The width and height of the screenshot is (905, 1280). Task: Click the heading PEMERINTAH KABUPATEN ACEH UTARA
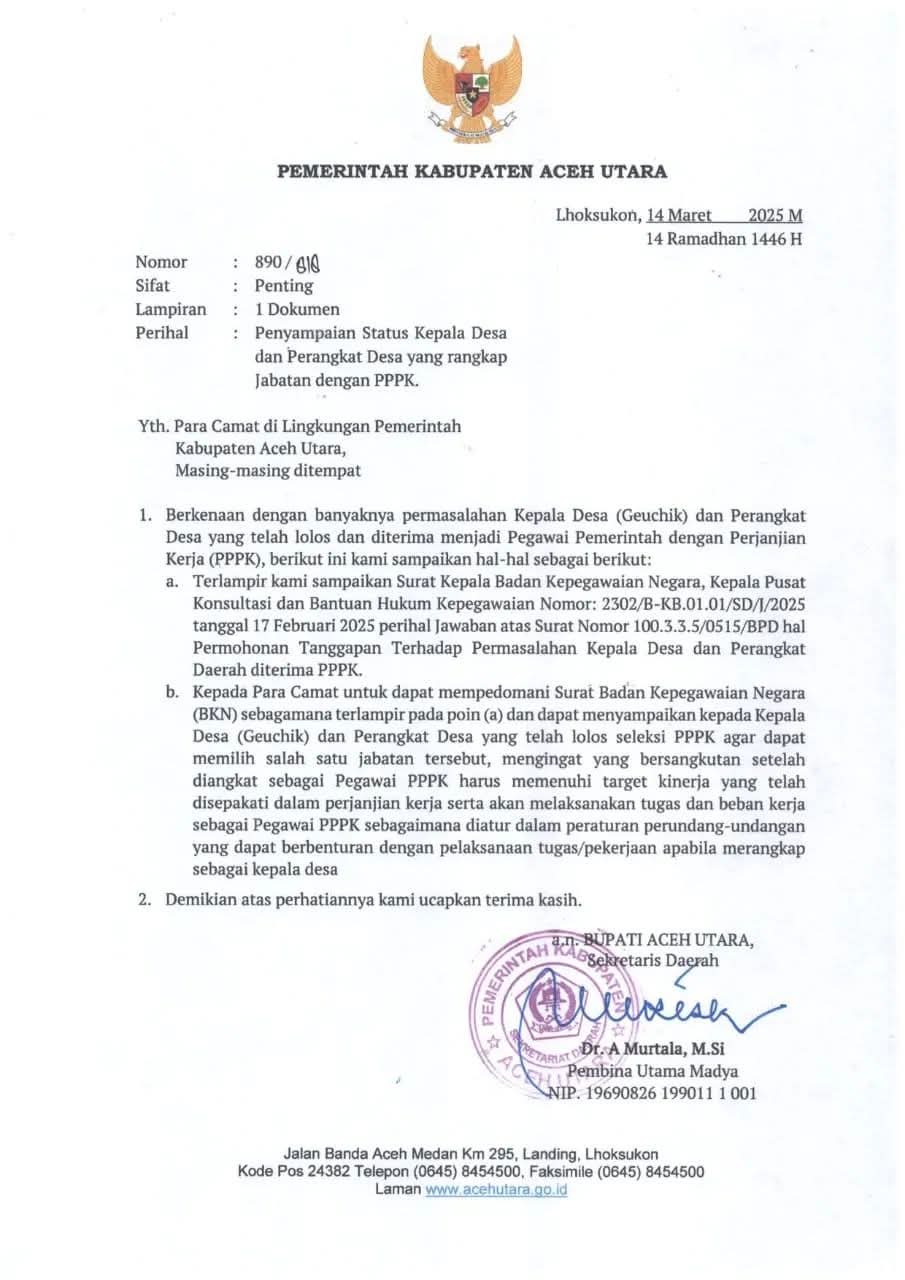tap(472, 172)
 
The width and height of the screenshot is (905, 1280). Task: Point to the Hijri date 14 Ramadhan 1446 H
tap(724, 238)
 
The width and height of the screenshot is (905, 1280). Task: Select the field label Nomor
tap(161, 262)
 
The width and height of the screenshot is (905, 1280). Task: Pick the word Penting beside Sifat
tap(284, 285)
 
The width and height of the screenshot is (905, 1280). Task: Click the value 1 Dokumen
tap(297, 308)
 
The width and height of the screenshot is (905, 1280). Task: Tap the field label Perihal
tap(162, 331)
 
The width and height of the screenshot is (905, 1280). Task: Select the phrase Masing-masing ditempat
tap(268, 470)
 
